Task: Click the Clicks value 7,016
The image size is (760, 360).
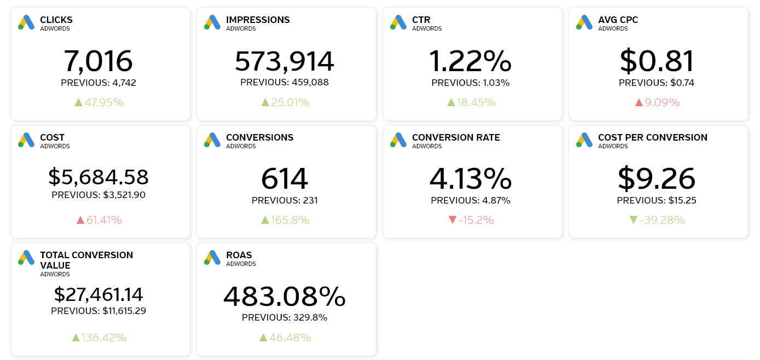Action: pyautogui.click(x=98, y=61)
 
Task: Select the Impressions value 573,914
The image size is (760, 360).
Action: pyautogui.click(x=285, y=61)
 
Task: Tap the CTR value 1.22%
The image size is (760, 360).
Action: pyautogui.click(x=471, y=61)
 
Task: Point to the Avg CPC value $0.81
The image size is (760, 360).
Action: pyautogui.click(x=657, y=61)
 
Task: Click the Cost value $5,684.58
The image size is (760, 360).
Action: pyautogui.click(x=98, y=177)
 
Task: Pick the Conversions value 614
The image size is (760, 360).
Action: pyautogui.click(x=285, y=178)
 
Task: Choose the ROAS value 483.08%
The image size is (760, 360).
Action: pyautogui.click(x=285, y=297)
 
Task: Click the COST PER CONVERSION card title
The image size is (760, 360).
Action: pyautogui.click(x=652, y=137)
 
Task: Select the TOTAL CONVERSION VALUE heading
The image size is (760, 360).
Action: pyautogui.click(x=86, y=260)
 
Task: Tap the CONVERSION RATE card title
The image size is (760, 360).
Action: pyautogui.click(x=456, y=137)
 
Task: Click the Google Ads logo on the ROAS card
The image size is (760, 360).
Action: pyautogui.click(x=212, y=258)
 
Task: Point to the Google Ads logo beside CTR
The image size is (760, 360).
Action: pyautogui.click(x=398, y=22)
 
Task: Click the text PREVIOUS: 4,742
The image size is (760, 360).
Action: pyautogui.click(x=98, y=83)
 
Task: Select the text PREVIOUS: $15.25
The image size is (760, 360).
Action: pyautogui.click(x=657, y=200)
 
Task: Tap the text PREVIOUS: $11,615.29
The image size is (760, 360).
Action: pyautogui.click(x=98, y=311)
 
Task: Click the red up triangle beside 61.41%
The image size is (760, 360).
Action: pyautogui.click(x=80, y=220)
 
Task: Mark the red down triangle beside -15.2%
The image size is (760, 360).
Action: pyautogui.click(x=452, y=220)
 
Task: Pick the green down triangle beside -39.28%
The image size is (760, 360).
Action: pyautogui.click(x=634, y=220)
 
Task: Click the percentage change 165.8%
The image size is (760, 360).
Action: pyautogui.click(x=289, y=220)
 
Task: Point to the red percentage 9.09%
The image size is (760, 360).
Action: pyautogui.click(x=662, y=102)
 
